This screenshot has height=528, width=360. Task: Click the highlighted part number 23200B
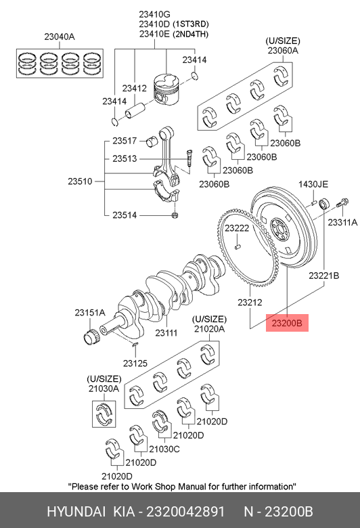coord(287,323)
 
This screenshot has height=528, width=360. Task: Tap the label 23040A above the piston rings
coord(60,37)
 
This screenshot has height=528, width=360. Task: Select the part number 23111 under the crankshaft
coord(166,332)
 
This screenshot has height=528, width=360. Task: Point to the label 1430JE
coord(313,184)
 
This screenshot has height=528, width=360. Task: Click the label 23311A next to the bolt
coord(342,222)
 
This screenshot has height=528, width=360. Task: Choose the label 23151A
coord(90,313)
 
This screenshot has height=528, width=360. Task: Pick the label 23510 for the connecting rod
coord(80,181)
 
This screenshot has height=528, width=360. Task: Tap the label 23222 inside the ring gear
coord(237,228)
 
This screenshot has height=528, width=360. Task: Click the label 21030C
coord(164,449)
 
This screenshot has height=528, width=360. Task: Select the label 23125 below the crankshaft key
coord(135,363)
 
